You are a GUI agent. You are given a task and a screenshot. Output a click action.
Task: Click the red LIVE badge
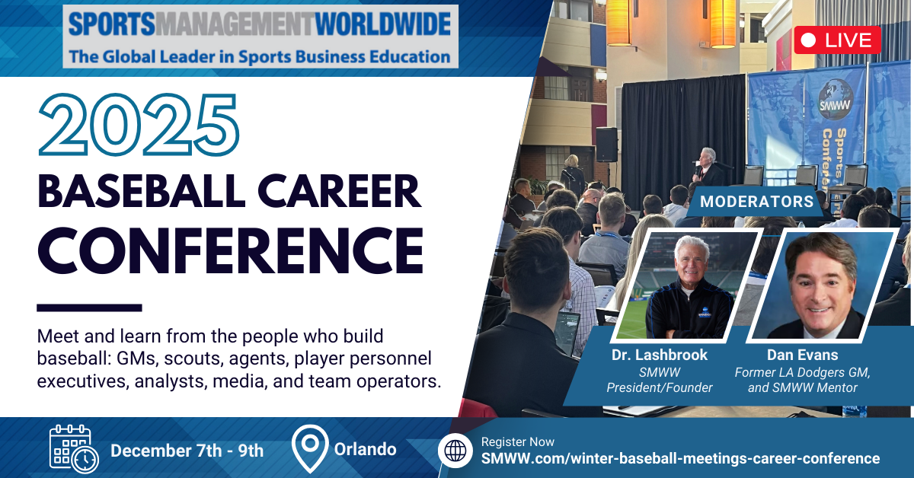tap(837, 40)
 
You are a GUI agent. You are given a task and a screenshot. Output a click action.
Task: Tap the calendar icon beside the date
tap(74, 449)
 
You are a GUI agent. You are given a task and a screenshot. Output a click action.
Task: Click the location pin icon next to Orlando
tap(310, 448)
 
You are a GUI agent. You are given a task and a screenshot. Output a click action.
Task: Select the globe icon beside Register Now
tap(455, 451)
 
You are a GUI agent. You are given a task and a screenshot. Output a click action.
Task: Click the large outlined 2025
tap(139, 125)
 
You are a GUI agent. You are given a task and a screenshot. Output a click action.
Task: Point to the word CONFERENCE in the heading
tap(231, 250)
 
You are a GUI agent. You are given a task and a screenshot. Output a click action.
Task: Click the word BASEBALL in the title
tap(142, 191)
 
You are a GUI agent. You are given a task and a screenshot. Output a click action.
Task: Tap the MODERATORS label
tap(757, 202)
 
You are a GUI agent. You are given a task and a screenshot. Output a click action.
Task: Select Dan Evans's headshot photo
tap(823, 285)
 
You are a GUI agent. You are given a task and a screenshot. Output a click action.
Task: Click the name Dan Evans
tap(802, 355)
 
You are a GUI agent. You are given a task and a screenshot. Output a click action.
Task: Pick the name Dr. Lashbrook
tap(660, 355)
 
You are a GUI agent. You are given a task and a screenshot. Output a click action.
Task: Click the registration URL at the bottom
tap(680, 458)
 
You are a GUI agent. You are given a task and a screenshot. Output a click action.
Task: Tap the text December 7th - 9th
tap(187, 451)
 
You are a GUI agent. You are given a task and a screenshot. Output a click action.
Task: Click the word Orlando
tap(365, 449)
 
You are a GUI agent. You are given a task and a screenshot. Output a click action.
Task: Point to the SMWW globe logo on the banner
tap(836, 100)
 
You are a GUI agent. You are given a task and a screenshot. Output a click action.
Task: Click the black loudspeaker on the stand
tap(607, 145)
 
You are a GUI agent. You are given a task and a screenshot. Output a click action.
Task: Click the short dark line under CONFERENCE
tap(89, 308)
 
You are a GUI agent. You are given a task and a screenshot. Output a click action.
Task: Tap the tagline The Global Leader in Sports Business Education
tap(260, 56)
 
